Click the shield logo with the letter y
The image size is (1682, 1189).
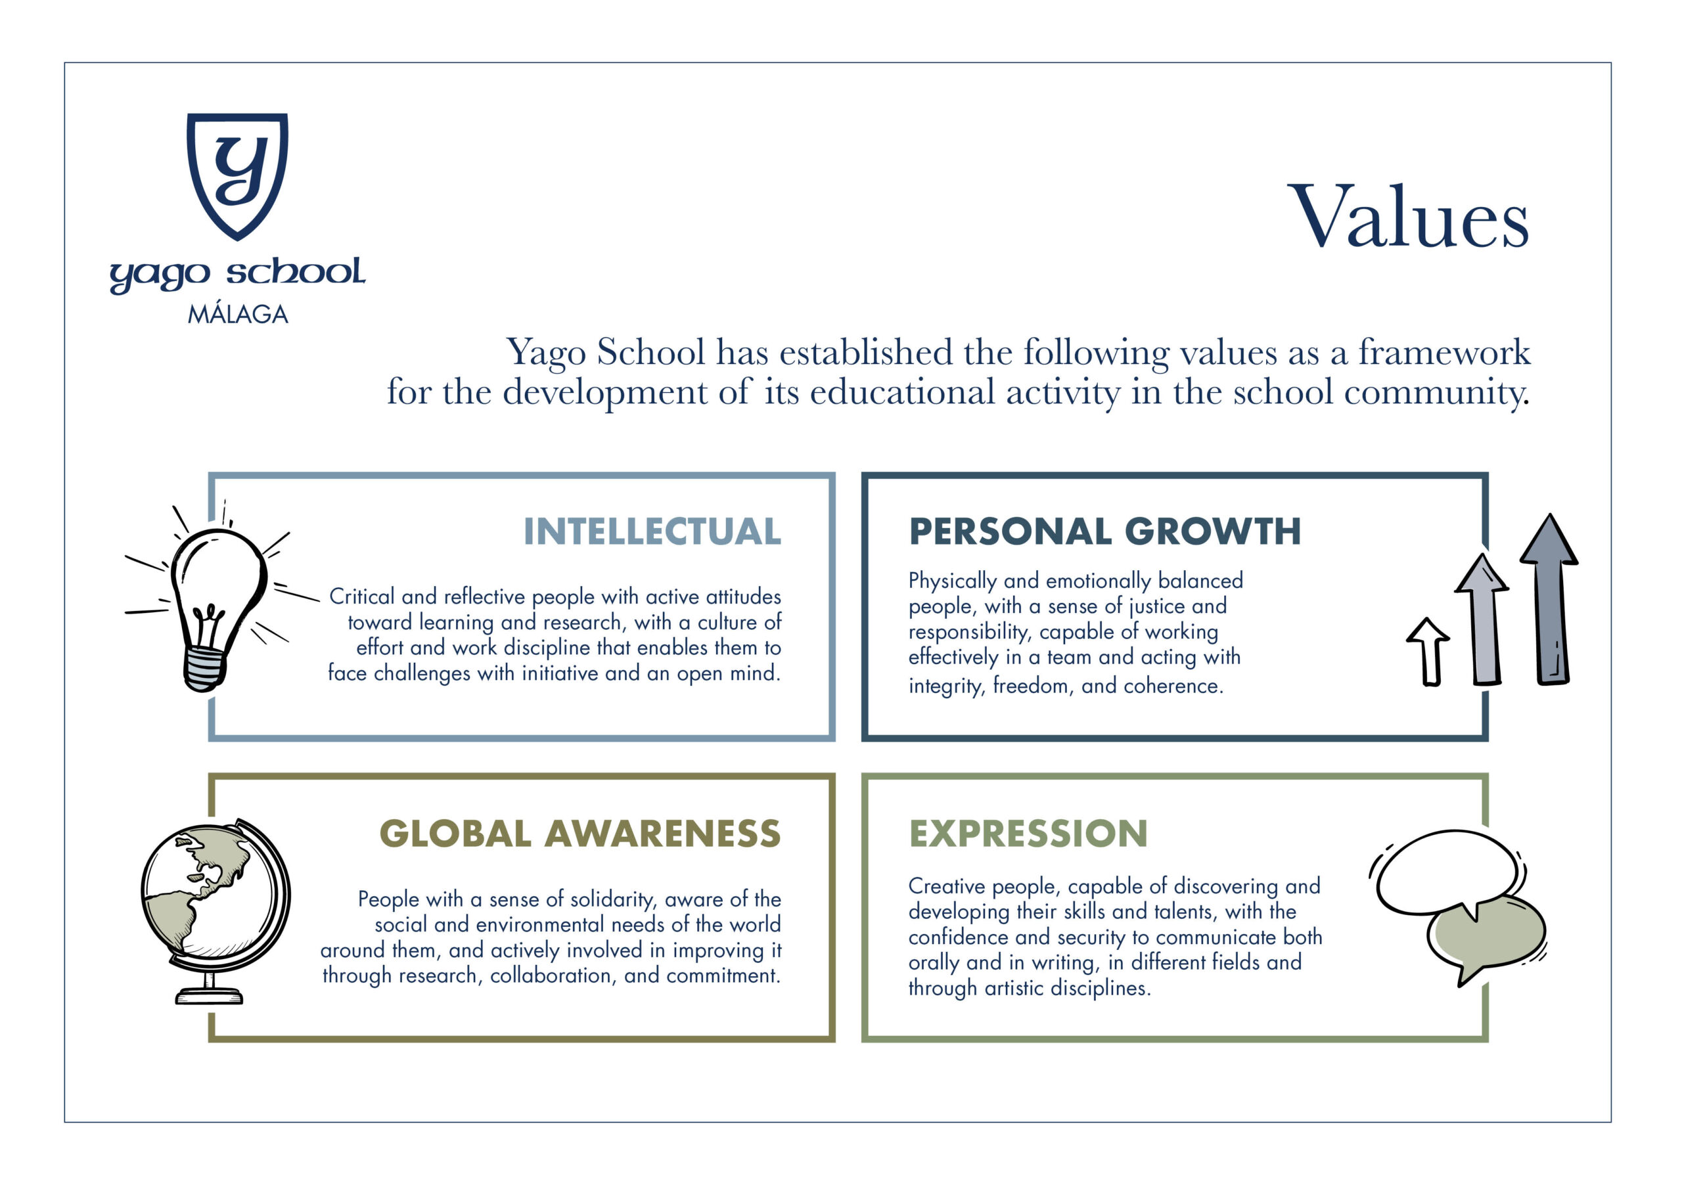point(237,176)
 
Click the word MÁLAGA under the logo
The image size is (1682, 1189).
point(238,313)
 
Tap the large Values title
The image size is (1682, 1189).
point(1408,217)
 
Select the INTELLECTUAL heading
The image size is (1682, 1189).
point(652,532)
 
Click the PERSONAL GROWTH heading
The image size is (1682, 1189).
point(1104,532)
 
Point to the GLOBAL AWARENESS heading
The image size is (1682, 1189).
point(580,834)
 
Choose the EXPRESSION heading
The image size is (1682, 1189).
point(1028,834)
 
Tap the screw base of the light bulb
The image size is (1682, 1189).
point(204,669)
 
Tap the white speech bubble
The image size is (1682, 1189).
point(1447,872)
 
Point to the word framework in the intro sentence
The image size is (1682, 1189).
point(1444,351)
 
